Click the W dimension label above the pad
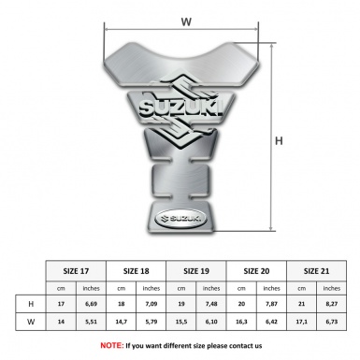[186, 22]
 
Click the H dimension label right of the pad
[279, 141]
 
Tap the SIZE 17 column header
[76, 271]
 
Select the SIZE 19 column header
[196, 271]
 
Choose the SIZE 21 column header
[316, 271]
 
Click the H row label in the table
[31, 304]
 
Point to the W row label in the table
[31, 322]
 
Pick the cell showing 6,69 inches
[91, 304]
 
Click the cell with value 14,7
[122, 322]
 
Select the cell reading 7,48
[211, 304]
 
